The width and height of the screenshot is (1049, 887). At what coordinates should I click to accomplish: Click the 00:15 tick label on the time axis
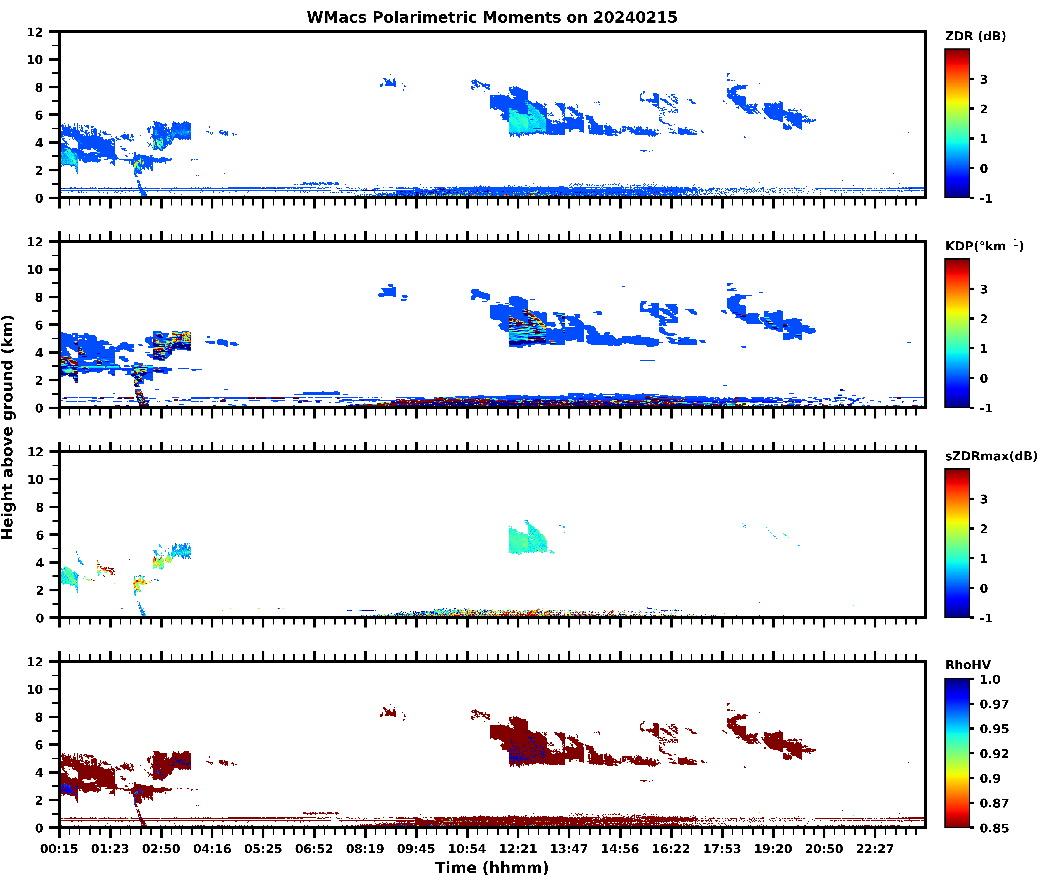(59, 849)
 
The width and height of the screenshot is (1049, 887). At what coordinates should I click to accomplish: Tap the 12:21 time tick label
(518, 849)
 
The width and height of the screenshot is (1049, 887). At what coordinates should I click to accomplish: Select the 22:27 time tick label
(875, 849)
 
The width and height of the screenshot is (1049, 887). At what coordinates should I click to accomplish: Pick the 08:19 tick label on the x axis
(365, 849)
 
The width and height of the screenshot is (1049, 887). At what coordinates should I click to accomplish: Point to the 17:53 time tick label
(722, 849)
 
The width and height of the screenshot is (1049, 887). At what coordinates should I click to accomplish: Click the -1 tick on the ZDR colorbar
(986, 198)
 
